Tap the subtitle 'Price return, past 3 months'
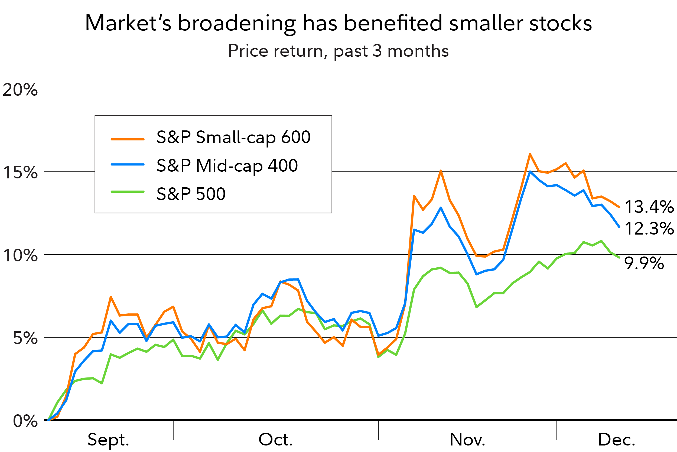point(338,51)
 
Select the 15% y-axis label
point(20,173)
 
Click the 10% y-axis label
point(20,255)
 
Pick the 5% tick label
point(25,338)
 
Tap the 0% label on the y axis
point(25,421)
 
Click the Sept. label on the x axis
point(108,440)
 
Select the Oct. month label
point(275,440)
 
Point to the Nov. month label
point(467,440)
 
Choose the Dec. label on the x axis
point(617,440)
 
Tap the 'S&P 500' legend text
point(191,194)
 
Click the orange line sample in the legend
point(128,139)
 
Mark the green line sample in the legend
point(128,192)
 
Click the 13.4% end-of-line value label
point(649,207)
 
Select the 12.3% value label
point(649,229)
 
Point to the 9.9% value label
point(644,263)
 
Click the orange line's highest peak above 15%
point(530,155)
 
